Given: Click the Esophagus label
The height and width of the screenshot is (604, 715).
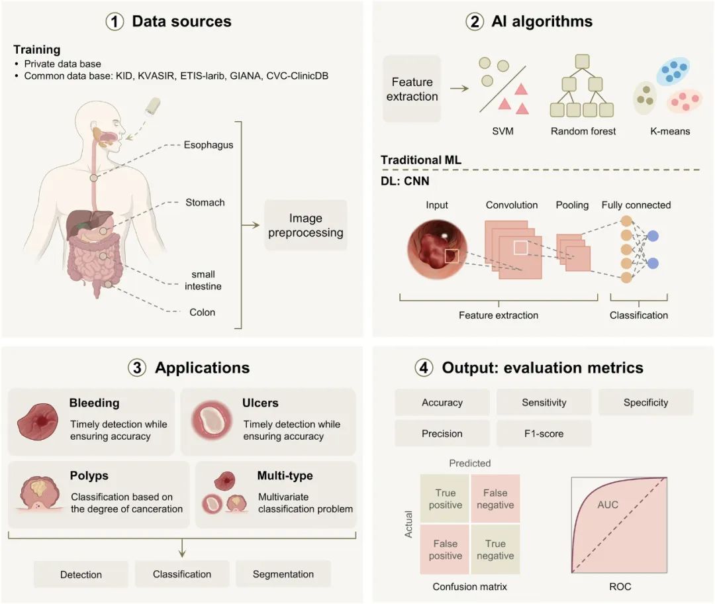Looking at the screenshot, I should tap(209, 144).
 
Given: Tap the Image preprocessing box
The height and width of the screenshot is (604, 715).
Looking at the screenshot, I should tap(305, 225).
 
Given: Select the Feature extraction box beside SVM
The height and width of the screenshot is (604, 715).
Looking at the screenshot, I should tap(411, 89).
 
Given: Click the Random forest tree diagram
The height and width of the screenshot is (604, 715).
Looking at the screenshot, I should tap(583, 87).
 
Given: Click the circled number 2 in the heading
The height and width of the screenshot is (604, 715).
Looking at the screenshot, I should tap(474, 21).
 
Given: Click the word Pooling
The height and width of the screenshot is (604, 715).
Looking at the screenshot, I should tap(572, 205).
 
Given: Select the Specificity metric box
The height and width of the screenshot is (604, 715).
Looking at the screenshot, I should tap(645, 402).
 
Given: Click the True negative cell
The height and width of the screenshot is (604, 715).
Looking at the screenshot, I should tap(495, 550).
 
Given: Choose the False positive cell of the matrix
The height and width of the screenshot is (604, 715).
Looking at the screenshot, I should tap(446, 550).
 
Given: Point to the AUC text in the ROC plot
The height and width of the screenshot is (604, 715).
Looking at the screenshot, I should tap(607, 505).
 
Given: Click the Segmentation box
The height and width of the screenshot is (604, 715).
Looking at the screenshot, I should tap(283, 574).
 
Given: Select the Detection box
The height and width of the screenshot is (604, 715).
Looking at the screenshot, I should tap(81, 574).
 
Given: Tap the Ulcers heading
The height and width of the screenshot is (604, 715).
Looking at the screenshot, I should tap(260, 403).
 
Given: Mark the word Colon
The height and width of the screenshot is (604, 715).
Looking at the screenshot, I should tap(202, 312).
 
